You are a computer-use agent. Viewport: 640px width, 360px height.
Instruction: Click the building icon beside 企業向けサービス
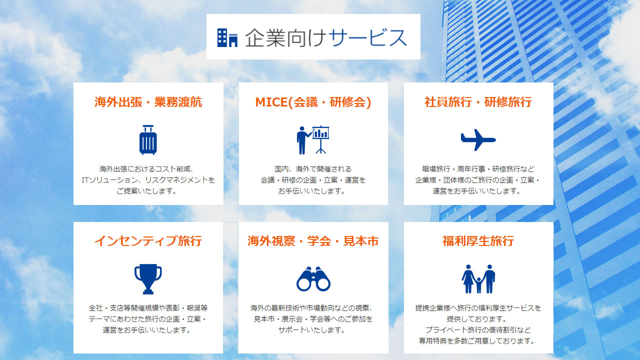227,37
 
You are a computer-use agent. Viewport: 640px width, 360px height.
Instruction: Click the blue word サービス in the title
367,37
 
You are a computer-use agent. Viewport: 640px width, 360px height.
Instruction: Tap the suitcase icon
148,139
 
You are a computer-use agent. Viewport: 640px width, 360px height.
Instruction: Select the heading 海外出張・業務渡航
148,102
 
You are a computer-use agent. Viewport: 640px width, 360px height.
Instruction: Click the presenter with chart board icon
313,140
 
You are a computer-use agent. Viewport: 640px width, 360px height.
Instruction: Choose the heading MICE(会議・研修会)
313,102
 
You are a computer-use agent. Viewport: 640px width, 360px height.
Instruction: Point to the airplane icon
478,139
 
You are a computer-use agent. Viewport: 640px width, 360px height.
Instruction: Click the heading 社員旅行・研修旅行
478,102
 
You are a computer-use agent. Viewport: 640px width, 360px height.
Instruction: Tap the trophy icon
148,279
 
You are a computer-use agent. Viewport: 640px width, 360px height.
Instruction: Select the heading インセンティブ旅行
148,241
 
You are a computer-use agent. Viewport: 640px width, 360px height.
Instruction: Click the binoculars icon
313,279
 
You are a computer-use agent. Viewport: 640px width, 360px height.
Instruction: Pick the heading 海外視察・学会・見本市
313,241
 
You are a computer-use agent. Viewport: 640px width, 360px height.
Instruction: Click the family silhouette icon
478,279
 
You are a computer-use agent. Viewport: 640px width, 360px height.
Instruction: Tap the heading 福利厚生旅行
478,241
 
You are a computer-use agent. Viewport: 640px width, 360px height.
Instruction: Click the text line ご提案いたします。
147,191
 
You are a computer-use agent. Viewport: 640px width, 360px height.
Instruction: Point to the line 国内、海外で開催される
313,169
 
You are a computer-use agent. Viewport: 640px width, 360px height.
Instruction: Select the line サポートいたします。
312,330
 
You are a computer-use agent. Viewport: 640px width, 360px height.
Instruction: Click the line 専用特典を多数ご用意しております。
477,341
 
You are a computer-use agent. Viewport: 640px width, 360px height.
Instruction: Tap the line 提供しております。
477,319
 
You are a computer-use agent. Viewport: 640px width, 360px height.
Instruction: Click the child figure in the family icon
478,285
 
